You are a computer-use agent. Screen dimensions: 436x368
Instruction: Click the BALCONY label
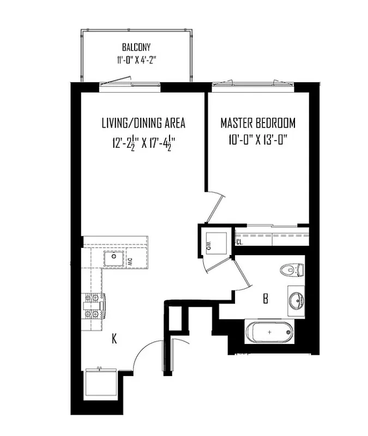click(136, 47)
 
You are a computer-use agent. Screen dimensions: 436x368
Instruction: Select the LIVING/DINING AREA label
click(143, 123)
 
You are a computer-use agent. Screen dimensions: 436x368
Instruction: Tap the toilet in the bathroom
click(291, 269)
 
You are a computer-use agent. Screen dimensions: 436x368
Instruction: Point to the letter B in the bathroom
click(266, 299)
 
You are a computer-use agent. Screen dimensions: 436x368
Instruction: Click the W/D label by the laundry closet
click(209, 246)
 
